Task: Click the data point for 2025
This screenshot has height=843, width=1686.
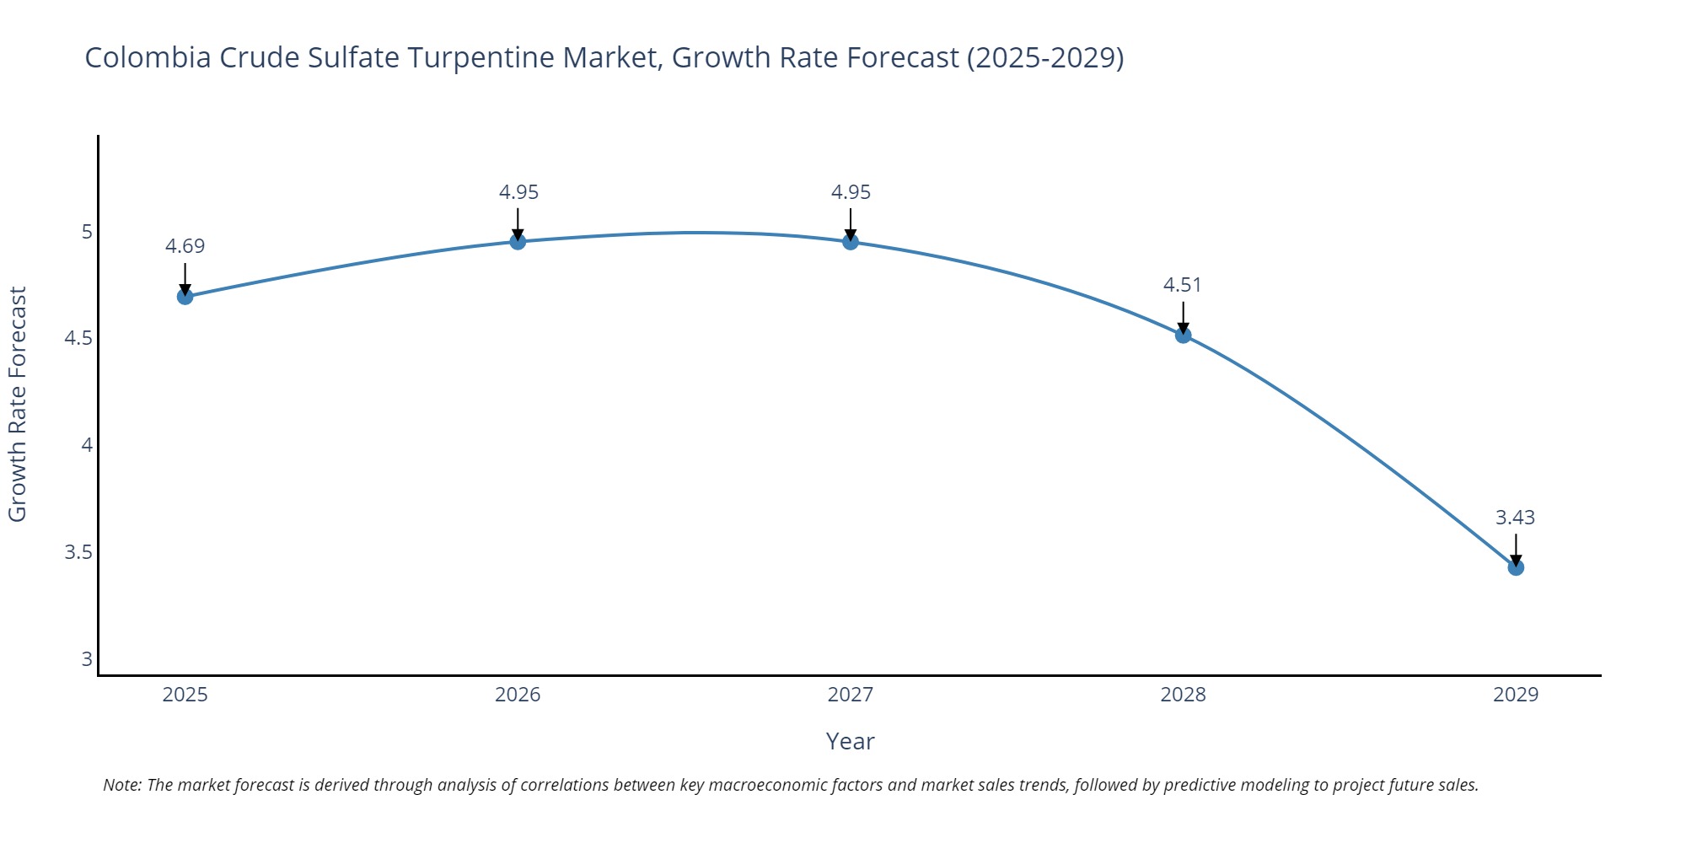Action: click(x=185, y=297)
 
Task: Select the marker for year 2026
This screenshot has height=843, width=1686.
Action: click(x=518, y=242)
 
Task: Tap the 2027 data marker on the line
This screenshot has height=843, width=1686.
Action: click(x=851, y=242)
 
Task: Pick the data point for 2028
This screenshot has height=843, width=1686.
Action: click(x=1183, y=336)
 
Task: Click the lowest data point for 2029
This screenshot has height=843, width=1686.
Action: click(x=1516, y=567)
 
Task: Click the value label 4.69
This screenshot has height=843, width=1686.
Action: click(x=185, y=246)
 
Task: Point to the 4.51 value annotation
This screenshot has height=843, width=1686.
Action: click(x=1182, y=285)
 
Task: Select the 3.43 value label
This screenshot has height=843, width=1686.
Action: click(x=1515, y=518)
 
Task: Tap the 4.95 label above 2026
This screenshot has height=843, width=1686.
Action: click(x=518, y=192)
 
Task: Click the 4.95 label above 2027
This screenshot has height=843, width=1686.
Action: click(x=851, y=192)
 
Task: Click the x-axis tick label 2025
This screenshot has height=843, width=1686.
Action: click(x=185, y=695)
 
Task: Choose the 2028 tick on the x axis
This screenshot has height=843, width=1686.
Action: click(x=1183, y=695)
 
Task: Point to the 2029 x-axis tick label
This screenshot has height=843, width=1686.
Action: click(x=1516, y=695)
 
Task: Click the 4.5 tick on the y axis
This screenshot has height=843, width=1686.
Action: click(x=78, y=338)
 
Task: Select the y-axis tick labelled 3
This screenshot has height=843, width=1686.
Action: click(x=87, y=659)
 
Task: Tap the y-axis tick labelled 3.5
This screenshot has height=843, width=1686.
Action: click(x=78, y=552)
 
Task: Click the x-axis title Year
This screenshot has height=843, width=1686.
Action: click(x=850, y=741)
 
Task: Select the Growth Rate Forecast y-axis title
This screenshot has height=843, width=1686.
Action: click(x=18, y=405)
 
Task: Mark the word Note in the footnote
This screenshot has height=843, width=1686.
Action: click(x=121, y=785)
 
